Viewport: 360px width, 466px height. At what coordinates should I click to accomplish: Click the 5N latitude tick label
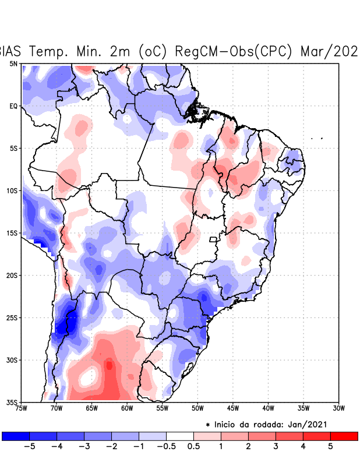tap(13, 63)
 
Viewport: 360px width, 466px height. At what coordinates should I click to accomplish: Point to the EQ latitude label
tap(13, 106)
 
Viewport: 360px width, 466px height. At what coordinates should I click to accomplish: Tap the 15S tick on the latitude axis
tap(12, 233)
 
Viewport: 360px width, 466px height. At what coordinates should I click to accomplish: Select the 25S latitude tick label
tap(12, 318)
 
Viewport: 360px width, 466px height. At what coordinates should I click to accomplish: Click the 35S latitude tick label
tap(12, 403)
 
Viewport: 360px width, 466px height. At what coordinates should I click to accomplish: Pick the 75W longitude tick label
tap(22, 409)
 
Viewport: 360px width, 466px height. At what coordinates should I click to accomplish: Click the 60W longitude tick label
tap(127, 409)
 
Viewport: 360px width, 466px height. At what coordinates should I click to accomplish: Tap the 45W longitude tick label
tap(232, 409)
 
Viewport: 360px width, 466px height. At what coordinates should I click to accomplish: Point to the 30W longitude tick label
tap(338, 409)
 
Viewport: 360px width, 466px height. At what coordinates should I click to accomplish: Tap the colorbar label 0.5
tap(193, 447)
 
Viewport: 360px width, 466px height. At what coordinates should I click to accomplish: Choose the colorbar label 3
tap(276, 447)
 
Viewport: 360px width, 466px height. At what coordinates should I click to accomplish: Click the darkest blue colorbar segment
tap(16, 436)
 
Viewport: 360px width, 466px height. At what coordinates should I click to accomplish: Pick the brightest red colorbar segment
tap(344, 436)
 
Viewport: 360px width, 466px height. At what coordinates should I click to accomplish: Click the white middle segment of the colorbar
tap(179, 436)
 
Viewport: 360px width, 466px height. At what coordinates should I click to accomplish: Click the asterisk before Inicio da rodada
tap(208, 425)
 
